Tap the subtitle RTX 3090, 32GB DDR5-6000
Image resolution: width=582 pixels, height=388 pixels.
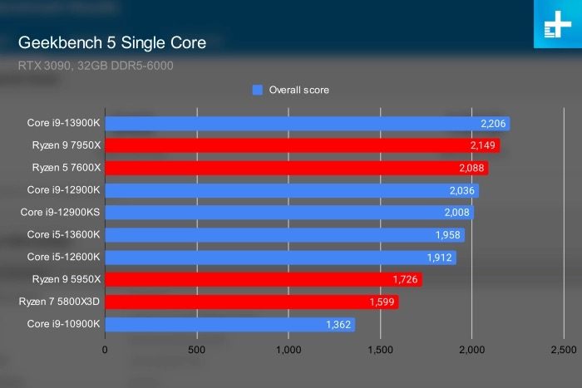click(96, 65)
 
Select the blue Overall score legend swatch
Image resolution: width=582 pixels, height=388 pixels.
click(257, 90)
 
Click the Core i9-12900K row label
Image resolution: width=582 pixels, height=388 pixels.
click(64, 190)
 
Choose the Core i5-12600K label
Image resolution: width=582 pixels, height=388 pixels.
click(64, 257)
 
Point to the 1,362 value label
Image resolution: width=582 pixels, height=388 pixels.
click(336, 324)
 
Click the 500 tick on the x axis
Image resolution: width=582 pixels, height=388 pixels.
click(197, 350)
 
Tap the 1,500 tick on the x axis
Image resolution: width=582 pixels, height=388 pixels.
click(380, 350)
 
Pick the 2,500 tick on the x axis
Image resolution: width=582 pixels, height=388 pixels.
click(562, 350)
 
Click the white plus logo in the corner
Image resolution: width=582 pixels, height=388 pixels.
click(555, 27)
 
